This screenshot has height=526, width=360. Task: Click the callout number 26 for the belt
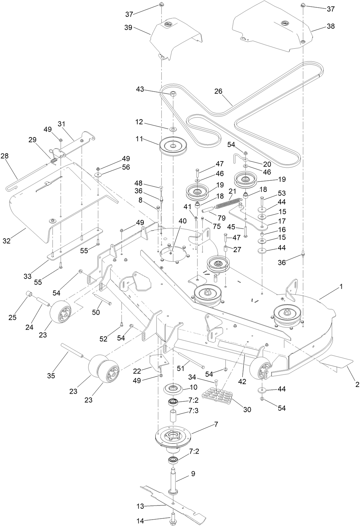point(218,91)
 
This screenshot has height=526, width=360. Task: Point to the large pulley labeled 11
point(173,147)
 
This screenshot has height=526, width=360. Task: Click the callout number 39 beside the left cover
point(128,28)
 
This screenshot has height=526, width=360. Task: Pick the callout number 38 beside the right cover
point(331,26)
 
